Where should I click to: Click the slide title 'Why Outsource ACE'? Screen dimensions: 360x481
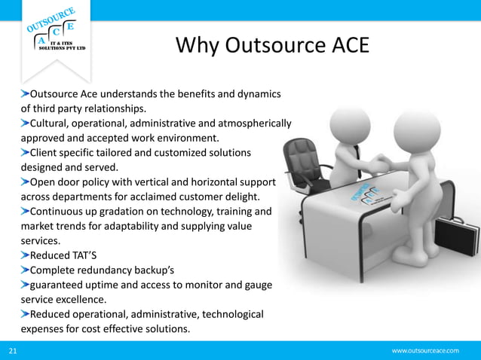272,46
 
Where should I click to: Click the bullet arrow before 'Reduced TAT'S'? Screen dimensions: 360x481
24,255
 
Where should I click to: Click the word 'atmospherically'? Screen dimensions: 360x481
255,124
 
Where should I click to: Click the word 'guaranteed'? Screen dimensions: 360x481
59,284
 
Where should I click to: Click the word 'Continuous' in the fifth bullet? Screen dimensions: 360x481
60,212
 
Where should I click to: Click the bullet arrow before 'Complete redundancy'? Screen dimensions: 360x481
24,270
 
